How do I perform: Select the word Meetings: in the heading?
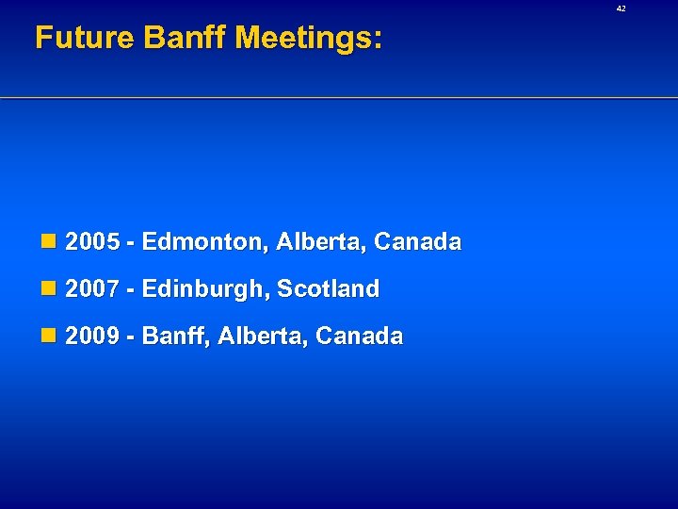[309, 38]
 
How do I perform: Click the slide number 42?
[621, 8]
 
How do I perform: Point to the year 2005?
[93, 242]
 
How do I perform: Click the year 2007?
[93, 289]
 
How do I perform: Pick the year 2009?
[93, 337]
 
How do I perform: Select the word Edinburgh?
[205, 289]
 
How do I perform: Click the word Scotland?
[329, 289]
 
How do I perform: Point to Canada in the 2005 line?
[417, 242]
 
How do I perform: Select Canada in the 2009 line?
[359, 337]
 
